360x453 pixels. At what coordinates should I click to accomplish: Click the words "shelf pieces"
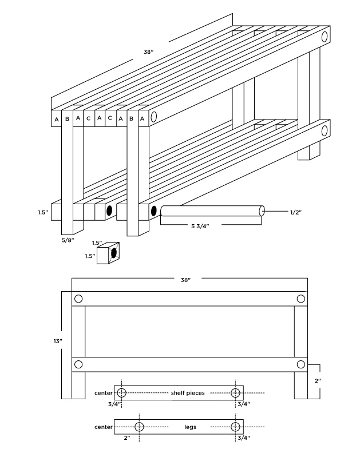(x=188, y=393)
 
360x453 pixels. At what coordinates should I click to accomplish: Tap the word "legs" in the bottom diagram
(x=190, y=427)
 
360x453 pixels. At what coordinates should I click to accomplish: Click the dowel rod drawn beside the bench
(x=212, y=210)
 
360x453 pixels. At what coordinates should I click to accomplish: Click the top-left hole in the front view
(x=78, y=299)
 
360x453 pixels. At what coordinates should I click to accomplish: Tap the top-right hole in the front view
(x=301, y=299)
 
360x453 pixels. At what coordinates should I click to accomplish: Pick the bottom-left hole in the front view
(x=78, y=364)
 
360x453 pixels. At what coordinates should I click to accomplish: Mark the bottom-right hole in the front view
(x=301, y=364)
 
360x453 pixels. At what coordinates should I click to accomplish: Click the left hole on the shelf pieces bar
(x=121, y=392)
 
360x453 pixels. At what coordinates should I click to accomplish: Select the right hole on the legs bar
(x=235, y=427)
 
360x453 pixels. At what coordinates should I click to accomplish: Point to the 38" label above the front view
(x=185, y=280)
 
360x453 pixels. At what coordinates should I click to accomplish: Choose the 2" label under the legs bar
(x=126, y=438)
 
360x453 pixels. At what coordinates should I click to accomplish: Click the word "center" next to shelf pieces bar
(x=103, y=393)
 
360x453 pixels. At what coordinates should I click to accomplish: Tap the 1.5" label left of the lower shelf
(x=43, y=212)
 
